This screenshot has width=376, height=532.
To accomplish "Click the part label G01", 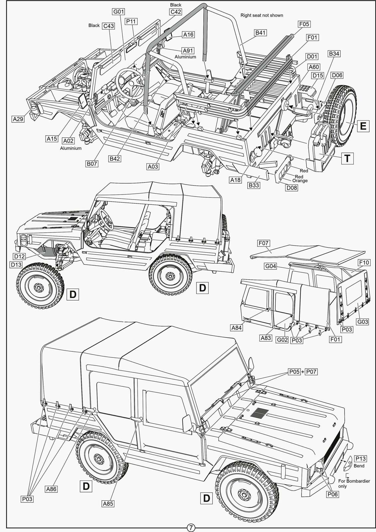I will (x=119, y=12).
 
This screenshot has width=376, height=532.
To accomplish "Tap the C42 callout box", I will (x=176, y=12).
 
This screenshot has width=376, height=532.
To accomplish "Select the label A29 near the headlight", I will (x=18, y=119).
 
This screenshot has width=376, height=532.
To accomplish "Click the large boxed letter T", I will (x=347, y=158).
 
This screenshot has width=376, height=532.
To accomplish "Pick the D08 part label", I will (x=292, y=188).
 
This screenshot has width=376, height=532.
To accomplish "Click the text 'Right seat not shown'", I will (x=262, y=15).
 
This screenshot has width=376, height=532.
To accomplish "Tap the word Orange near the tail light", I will (x=300, y=181).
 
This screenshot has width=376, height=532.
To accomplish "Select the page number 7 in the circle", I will (x=191, y=527).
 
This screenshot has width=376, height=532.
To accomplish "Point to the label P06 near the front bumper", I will (x=332, y=494).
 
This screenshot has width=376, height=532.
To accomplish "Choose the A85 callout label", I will (x=108, y=503).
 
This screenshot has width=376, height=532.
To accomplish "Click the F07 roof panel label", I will (x=263, y=243).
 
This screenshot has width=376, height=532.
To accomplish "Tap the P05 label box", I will (x=294, y=372).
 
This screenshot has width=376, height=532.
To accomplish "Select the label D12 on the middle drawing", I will (x=20, y=256).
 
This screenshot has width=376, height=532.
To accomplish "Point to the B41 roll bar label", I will (x=260, y=33).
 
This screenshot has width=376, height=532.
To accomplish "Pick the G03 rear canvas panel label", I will (x=363, y=322).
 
